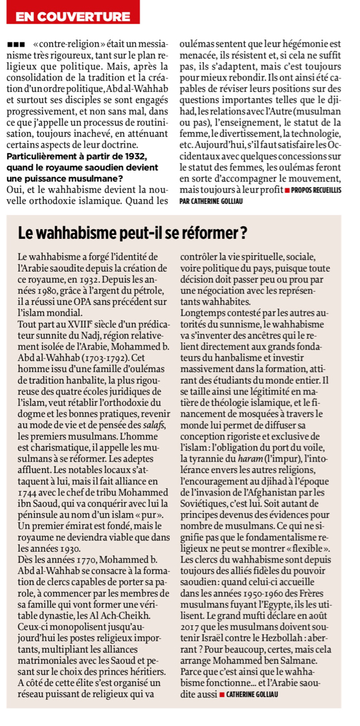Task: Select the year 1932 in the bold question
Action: (132, 157)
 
